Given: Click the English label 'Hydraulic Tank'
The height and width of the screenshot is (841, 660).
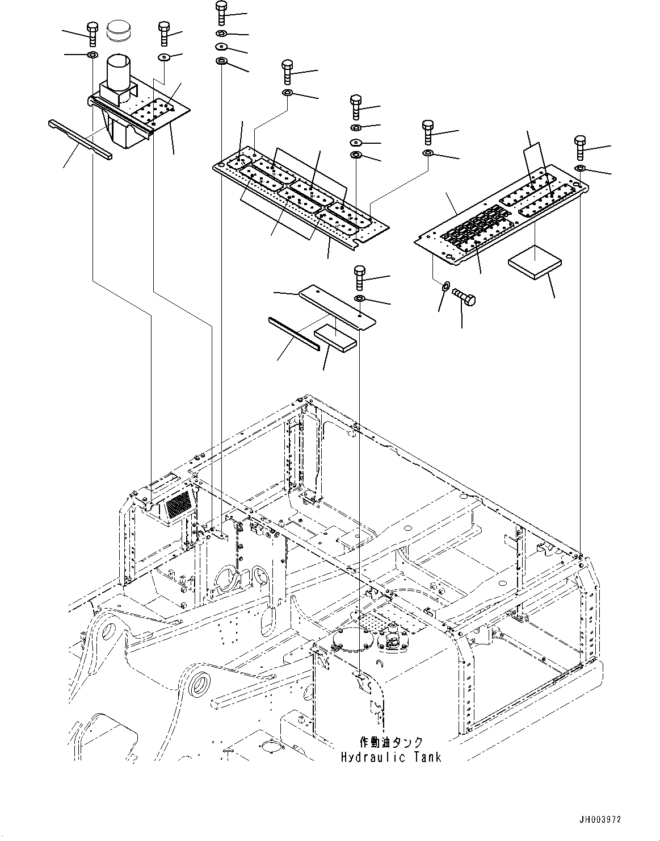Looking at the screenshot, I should (x=391, y=757).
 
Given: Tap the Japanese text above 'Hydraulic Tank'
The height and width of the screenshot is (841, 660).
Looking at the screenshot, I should (x=391, y=743).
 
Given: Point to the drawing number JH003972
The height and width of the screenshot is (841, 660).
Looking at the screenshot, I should (x=600, y=819).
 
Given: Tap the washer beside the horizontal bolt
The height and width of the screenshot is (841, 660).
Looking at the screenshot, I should (x=445, y=285).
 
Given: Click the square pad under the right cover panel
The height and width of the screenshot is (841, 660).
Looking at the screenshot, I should (x=535, y=265).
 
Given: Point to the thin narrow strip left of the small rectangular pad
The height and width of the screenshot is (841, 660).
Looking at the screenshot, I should (x=294, y=334).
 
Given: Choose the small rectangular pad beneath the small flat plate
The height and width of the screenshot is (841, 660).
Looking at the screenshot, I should (x=335, y=336).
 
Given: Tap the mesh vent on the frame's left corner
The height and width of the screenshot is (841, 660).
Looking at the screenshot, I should (x=179, y=503).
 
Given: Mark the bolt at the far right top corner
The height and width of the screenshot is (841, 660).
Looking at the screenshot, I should (x=579, y=148).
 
